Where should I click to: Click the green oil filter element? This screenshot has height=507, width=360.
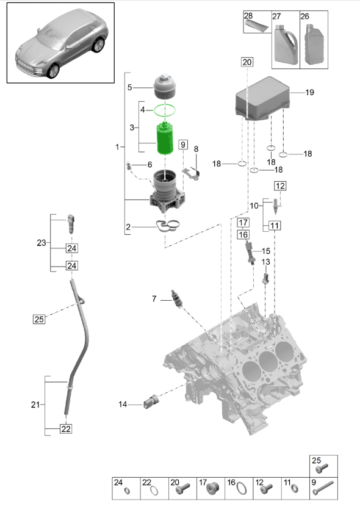pyautogui.click(x=165, y=138)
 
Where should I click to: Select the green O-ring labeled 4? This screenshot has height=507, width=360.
pyautogui.click(x=165, y=110)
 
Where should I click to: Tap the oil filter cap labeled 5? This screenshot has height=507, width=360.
pyautogui.click(x=165, y=87)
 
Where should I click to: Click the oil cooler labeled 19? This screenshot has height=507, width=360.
pyautogui.click(x=262, y=98)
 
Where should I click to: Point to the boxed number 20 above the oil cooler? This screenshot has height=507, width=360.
pyautogui.click(x=247, y=62)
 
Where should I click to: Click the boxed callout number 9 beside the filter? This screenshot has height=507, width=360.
pyautogui.click(x=183, y=145)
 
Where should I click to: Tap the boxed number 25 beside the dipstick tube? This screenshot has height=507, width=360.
pyautogui.click(x=39, y=320)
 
